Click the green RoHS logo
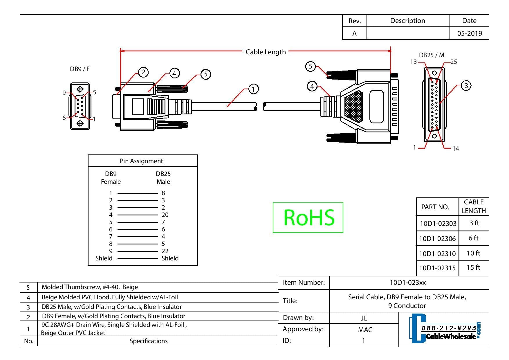pos(308,217)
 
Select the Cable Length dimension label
pos(266,52)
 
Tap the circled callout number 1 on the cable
pos(253,89)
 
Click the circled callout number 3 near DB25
pos(466,86)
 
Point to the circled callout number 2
pos(143,72)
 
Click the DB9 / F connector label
pos(80,69)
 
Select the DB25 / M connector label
pos(431,55)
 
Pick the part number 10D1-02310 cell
pos(437,254)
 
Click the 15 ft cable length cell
pos(473,267)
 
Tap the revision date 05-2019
pos(469,33)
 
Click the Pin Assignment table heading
pos(141,161)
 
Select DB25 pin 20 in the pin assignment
pos(165,215)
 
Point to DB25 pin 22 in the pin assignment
pos(165,251)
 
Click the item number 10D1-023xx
pos(407,282)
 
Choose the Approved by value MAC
pos(365,330)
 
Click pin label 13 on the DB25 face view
pos(413,62)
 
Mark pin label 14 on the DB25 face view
pos(456,149)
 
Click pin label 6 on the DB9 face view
pos(64,118)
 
